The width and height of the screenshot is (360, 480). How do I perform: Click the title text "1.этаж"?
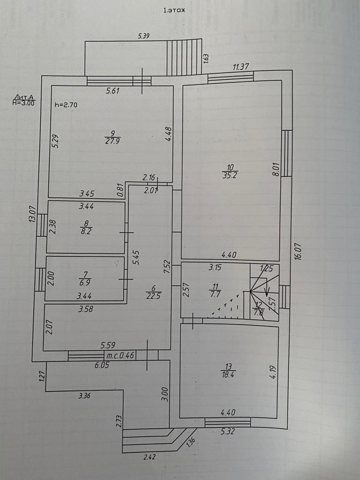(174, 11)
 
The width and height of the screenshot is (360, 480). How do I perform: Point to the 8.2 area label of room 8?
(85, 231)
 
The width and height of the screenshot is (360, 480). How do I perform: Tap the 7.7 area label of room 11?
(215, 295)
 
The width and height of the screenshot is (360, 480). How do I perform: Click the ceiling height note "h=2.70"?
(66, 105)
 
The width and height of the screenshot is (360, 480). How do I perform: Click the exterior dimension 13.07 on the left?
(32, 214)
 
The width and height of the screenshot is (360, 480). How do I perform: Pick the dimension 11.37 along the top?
(241, 67)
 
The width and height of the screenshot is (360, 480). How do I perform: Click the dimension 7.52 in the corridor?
(165, 267)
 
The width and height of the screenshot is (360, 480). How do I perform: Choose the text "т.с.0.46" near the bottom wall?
(120, 355)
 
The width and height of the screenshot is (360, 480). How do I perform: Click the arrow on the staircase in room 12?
(267, 291)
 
